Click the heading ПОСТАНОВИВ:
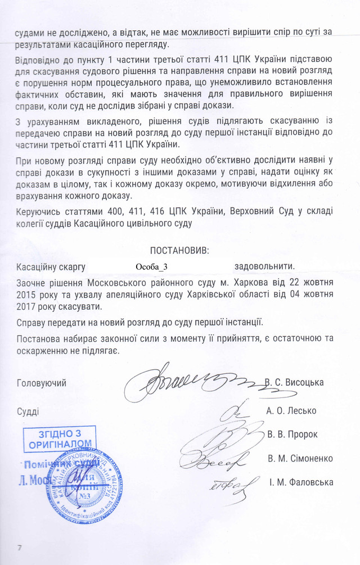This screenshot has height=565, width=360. [x=179, y=249]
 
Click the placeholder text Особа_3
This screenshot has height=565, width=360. [x=152, y=266]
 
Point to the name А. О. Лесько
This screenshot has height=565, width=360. [x=291, y=410]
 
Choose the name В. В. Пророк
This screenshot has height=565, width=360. [x=293, y=434]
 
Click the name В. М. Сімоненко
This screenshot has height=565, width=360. [x=300, y=458]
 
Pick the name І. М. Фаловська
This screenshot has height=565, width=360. [x=301, y=482]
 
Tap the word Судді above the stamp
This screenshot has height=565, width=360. [x=28, y=411]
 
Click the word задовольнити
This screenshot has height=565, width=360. [x=264, y=266]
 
